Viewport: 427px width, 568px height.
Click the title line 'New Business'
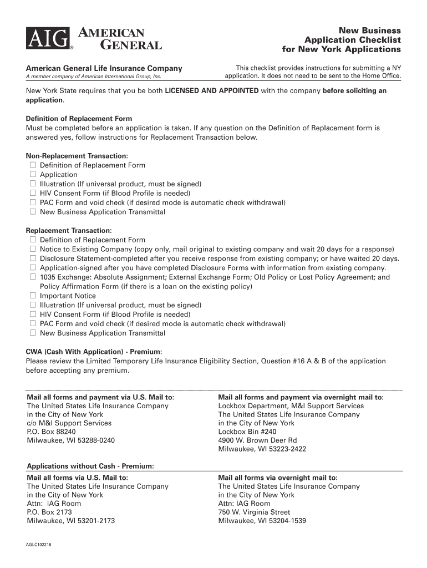(x=370, y=30)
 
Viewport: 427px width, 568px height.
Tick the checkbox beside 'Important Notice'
(x=33, y=296)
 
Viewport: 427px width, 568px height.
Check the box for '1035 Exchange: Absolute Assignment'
(x=33, y=277)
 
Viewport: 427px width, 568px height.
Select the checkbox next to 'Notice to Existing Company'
(x=33, y=249)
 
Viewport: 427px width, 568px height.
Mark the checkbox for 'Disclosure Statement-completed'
(x=33, y=258)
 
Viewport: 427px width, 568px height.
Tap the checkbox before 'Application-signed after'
(x=33, y=268)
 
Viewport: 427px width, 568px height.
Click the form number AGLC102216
(x=39, y=545)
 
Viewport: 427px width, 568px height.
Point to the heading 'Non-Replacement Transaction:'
(x=77, y=156)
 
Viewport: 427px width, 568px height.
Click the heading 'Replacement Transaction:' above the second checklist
(x=69, y=230)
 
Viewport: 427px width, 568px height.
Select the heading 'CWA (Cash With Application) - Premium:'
(x=94, y=352)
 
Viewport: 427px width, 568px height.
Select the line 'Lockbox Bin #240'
(x=247, y=432)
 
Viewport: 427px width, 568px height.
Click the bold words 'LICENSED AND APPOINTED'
(x=212, y=90)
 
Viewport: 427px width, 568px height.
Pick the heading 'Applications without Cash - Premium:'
(x=90, y=466)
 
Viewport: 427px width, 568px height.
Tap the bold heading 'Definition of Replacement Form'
(x=79, y=119)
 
